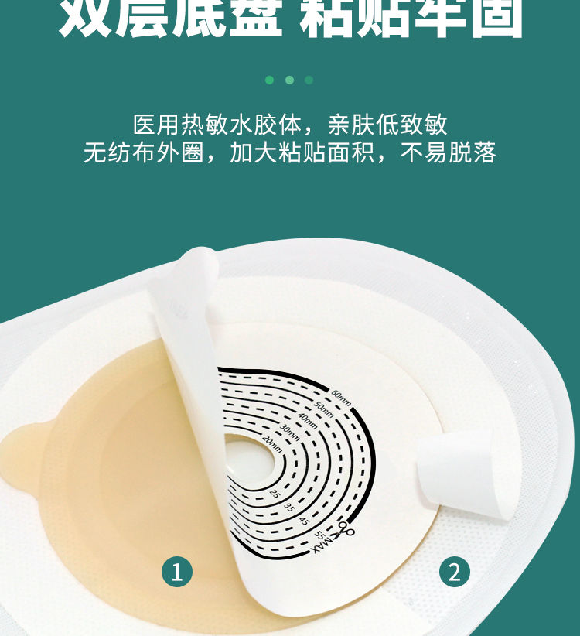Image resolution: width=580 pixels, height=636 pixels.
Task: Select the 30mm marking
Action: pyautogui.click(x=288, y=429)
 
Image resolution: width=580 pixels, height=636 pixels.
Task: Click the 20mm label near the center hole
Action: pyautogui.click(x=271, y=441)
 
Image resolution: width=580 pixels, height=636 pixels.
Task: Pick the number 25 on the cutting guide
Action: pyautogui.click(x=275, y=493)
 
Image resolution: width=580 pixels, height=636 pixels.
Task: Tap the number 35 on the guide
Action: pyautogui.click(x=288, y=508)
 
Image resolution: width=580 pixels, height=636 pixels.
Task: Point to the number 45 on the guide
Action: pyautogui.click(x=304, y=522)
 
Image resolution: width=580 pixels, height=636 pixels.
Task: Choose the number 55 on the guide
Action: pyautogui.click(x=318, y=536)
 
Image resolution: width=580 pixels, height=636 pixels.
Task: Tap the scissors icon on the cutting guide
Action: pyautogui.click(x=344, y=529)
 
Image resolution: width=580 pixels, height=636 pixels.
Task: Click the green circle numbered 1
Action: pyautogui.click(x=176, y=572)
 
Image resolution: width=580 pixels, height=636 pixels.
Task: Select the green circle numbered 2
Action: pyautogui.click(x=454, y=572)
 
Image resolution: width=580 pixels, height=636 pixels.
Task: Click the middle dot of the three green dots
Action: pyautogui.click(x=289, y=80)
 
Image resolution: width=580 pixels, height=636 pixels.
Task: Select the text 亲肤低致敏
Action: pyautogui.click(x=387, y=124)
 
